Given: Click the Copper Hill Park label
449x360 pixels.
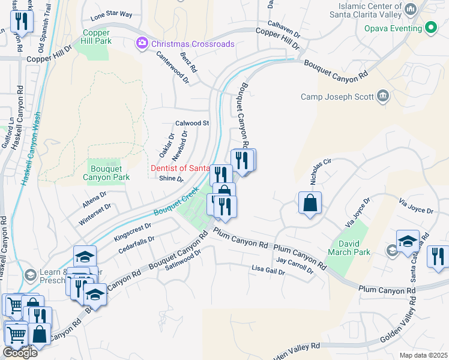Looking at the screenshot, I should (x=96, y=37).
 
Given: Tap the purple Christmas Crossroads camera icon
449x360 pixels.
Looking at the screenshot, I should (x=142, y=43).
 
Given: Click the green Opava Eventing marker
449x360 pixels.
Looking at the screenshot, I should (x=430, y=28).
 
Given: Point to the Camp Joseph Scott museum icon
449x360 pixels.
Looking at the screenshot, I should (x=382, y=97).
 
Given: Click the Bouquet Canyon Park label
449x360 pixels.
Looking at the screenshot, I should (x=106, y=173).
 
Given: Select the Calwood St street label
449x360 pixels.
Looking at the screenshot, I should (x=191, y=123).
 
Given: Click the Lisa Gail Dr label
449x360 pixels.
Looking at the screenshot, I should (x=268, y=270).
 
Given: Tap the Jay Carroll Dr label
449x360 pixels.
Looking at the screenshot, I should (x=295, y=265).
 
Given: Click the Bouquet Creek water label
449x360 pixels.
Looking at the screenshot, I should (x=176, y=204).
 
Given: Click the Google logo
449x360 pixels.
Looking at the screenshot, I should (x=20, y=353).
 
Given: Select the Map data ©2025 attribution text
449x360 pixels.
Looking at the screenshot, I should (x=423, y=355).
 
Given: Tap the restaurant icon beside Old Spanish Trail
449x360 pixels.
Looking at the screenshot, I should (x=21, y=22).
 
